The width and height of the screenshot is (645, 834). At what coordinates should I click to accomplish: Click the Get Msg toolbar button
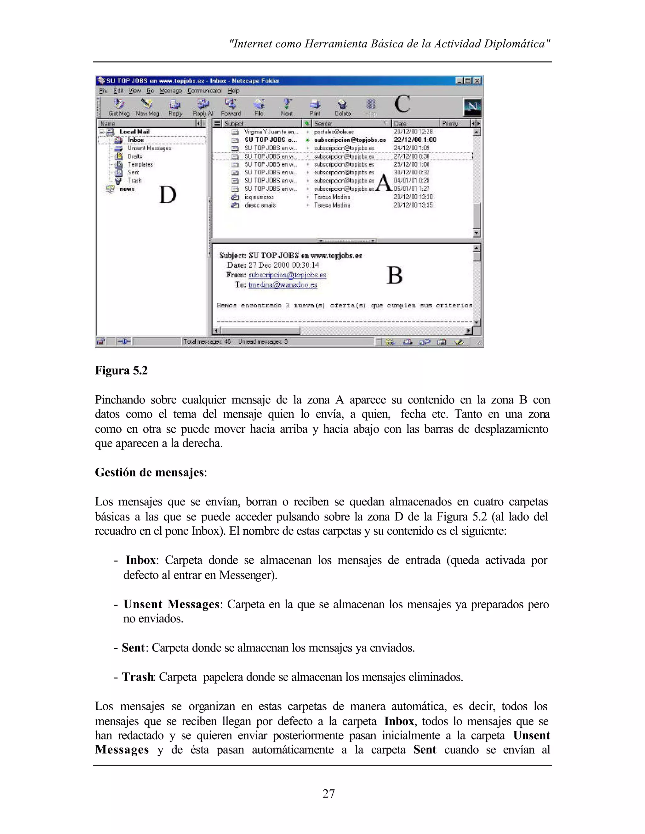pyautogui.click(x=119, y=107)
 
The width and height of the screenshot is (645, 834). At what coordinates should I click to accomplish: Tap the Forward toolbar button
pyautogui.click(x=231, y=107)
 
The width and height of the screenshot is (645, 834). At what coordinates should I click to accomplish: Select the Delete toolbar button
pyautogui.click(x=343, y=107)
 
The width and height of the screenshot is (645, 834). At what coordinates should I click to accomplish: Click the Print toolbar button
pyautogui.click(x=315, y=107)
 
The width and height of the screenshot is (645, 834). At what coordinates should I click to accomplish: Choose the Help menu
pyautogui.click(x=233, y=91)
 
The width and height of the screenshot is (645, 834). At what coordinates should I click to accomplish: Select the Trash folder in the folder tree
pyautogui.click(x=134, y=181)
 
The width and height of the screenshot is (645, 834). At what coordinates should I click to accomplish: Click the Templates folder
pyautogui.click(x=140, y=165)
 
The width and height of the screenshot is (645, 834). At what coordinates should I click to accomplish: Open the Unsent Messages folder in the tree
pyautogui.click(x=149, y=148)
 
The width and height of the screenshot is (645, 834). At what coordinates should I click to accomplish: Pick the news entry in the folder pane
pyautogui.click(x=127, y=189)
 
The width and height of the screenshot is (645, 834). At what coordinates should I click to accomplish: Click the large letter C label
pyautogui.click(x=402, y=104)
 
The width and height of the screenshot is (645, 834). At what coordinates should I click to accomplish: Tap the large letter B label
pyautogui.click(x=394, y=275)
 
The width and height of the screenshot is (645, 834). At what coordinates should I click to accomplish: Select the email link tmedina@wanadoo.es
pyautogui.click(x=283, y=285)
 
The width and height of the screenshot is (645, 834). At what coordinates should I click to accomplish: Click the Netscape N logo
pyautogui.click(x=472, y=107)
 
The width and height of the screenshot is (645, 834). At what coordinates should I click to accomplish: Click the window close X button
pyautogui.click(x=477, y=81)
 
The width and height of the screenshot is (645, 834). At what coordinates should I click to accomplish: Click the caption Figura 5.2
pyautogui.click(x=121, y=370)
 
